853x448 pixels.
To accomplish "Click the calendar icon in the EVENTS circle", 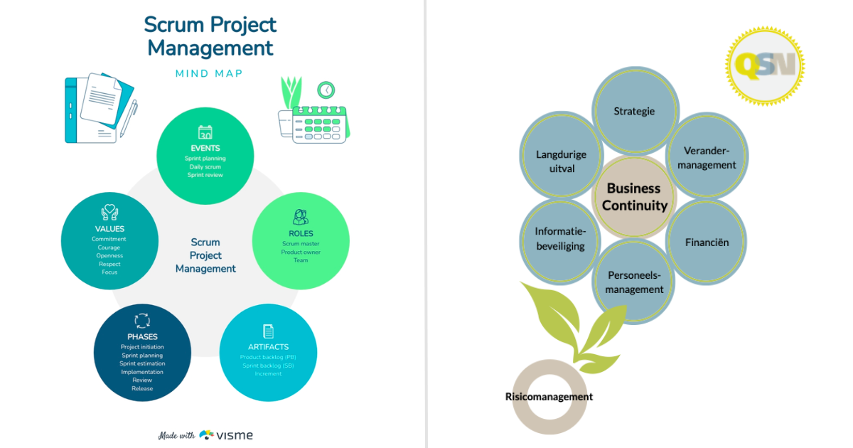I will [205, 132].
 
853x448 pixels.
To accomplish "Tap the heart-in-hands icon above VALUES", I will [109, 213].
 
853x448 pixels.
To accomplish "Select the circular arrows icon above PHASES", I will [142, 321].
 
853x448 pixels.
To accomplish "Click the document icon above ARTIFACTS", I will [268, 331].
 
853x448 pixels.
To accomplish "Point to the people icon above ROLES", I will [301, 217].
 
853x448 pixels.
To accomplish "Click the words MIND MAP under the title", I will [209, 74].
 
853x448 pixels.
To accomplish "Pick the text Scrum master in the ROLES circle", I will [301, 244].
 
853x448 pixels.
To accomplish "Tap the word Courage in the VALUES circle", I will [109, 247].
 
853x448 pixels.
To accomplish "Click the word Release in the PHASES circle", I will [142, 388].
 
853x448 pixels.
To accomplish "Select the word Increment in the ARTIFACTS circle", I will [268, 373].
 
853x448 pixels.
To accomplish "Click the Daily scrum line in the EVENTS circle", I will [205, 166].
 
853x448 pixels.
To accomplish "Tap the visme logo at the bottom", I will [226, 435].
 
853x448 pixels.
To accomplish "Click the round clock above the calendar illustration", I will [326, 90].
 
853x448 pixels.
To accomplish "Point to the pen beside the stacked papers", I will [129, 118].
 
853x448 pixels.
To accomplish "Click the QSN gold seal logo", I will [765, 66].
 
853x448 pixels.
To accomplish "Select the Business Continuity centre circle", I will [634, 197].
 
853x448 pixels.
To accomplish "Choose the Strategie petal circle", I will [634, 111].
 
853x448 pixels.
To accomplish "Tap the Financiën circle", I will [707, 242].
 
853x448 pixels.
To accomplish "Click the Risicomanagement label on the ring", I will [549, 396].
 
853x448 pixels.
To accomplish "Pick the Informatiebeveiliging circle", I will [560, 239].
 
